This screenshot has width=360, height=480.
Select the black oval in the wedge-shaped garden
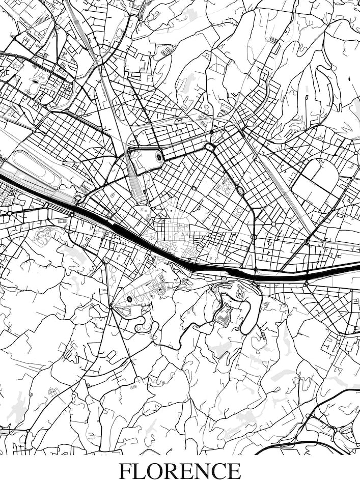[x=129, y=299]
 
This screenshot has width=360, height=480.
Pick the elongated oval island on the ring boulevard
[x=240, y=190]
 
